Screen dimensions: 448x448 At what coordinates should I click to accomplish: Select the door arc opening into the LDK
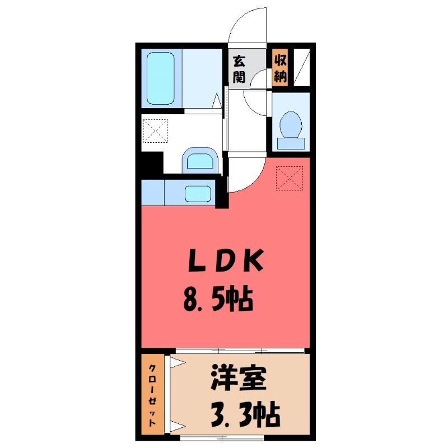[x=246, y=176]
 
